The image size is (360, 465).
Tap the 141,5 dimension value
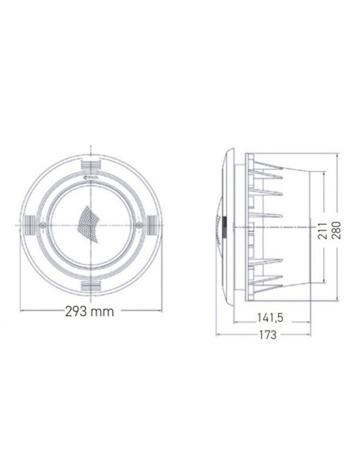coord(270,317)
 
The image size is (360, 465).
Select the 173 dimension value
coord(268,335)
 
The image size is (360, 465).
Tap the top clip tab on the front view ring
coord(94,163)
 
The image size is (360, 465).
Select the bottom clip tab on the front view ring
coord(94,283)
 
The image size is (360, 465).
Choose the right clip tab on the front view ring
coord(153,223)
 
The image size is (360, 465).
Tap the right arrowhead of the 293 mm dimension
coord(163,312)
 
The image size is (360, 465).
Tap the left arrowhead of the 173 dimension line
coord(220,335)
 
